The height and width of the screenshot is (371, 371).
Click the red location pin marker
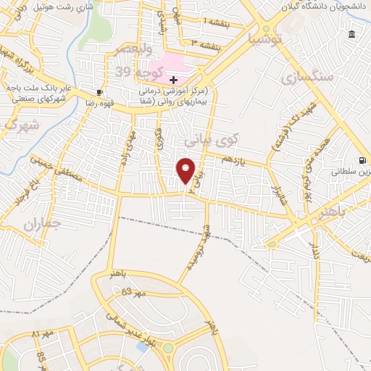(186, 170)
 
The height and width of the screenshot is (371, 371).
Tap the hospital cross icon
(173, 79)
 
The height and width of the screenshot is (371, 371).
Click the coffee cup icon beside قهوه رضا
(99, 93)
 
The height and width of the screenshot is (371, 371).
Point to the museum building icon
(351, 35)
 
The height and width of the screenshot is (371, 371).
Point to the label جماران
(39, 223)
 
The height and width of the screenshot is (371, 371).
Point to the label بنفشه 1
(215, 23)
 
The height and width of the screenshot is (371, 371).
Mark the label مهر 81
(46, 334)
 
